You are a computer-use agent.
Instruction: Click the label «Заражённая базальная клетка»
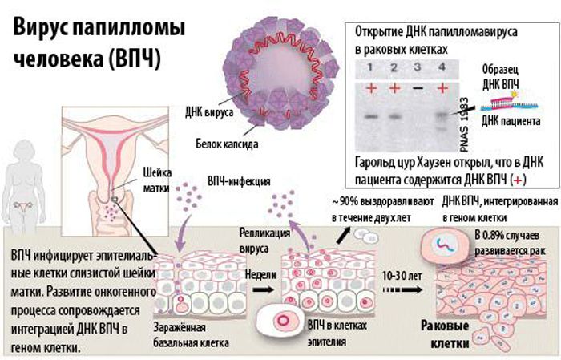(x=189, y=334)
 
